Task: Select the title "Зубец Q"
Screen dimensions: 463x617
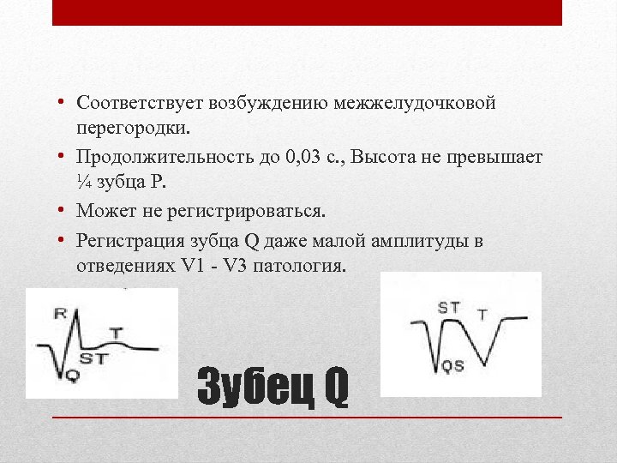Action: click(x=273, y=388)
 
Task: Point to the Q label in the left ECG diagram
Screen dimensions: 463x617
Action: click(x=71, y=375)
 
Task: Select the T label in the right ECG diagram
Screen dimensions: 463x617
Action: click(x=482, y=315)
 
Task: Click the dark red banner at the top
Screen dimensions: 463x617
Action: click(x=307, y=12)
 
